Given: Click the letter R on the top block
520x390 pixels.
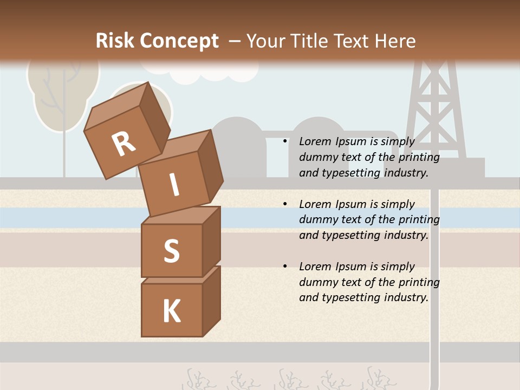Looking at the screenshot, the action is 123,144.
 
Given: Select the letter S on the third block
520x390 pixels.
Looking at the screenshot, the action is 171,251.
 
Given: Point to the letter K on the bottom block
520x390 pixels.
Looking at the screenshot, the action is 171,311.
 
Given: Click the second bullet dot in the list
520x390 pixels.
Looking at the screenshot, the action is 285,204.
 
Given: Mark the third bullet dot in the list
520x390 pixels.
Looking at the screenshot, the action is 285,266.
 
